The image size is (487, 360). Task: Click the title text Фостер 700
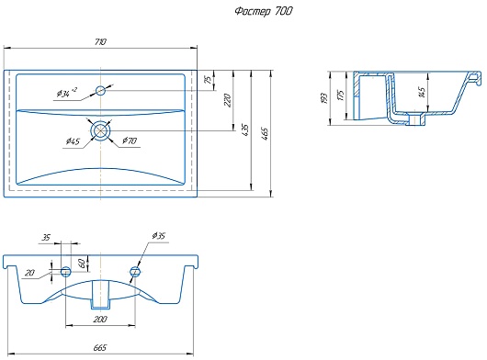coord(264,12)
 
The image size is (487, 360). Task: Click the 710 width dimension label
coord(100,41)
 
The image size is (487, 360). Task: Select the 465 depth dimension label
coord(265,133)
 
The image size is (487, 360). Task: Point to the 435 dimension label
coord(245,130)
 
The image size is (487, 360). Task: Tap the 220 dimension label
coord(227,100)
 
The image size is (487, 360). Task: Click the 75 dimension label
coord(209,79)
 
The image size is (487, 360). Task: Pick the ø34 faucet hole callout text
coord(67,93)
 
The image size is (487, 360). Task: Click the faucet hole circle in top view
coord(100,91)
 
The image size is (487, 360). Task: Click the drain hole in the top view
coord(100,130)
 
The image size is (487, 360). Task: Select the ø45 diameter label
coord(73,141)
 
